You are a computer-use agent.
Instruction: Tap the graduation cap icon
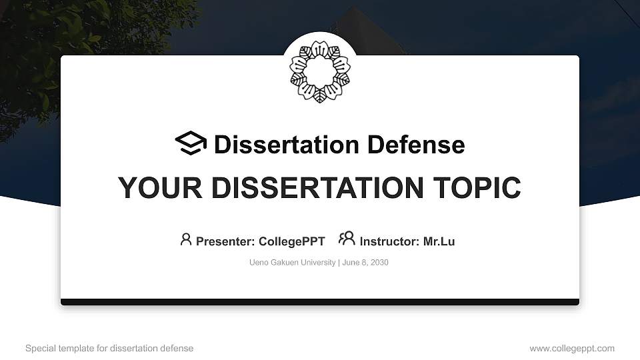191,143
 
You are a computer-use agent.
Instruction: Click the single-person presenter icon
186,239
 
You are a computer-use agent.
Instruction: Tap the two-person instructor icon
347,239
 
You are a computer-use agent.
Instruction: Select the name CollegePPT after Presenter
291,241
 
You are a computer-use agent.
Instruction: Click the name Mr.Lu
439,241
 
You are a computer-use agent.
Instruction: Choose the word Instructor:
389,241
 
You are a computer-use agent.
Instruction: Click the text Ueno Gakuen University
292,263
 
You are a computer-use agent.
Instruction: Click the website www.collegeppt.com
572,348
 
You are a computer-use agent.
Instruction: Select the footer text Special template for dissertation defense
109,348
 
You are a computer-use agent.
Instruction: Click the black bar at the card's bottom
320,302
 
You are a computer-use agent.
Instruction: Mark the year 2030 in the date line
379,263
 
